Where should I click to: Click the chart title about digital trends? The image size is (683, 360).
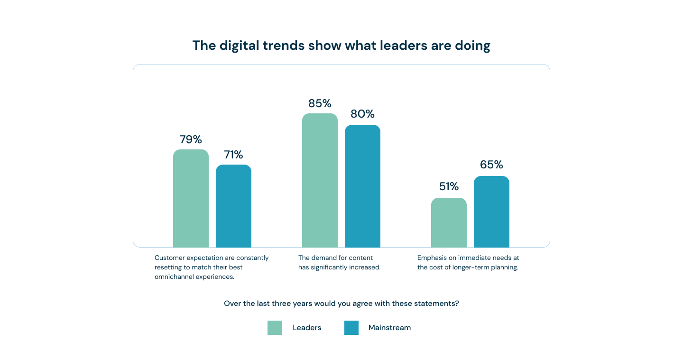coord(341,46)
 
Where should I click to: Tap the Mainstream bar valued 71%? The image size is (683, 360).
coord(233,206)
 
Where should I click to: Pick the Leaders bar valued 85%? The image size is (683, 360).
coord(320,180)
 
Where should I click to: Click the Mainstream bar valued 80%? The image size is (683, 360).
coord(362,186)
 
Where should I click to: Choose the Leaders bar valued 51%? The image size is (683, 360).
coord(449,222)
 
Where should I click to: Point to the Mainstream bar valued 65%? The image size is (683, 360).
coord(491,212)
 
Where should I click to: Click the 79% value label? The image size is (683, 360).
coord(191,139)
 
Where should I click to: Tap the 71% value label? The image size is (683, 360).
coord(233,155)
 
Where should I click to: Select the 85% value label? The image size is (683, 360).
coord(320,103)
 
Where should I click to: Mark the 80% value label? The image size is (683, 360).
coord(362,114)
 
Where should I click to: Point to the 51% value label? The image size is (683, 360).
coord(449,186)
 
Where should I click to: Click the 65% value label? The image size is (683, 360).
coord(491,165)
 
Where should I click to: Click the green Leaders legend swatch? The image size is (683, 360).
coord(275,328)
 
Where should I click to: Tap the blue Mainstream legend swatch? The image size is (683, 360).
coord(351,328)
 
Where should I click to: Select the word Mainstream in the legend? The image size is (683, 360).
coord(389,328)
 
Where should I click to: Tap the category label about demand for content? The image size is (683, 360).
coord(339,262)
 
